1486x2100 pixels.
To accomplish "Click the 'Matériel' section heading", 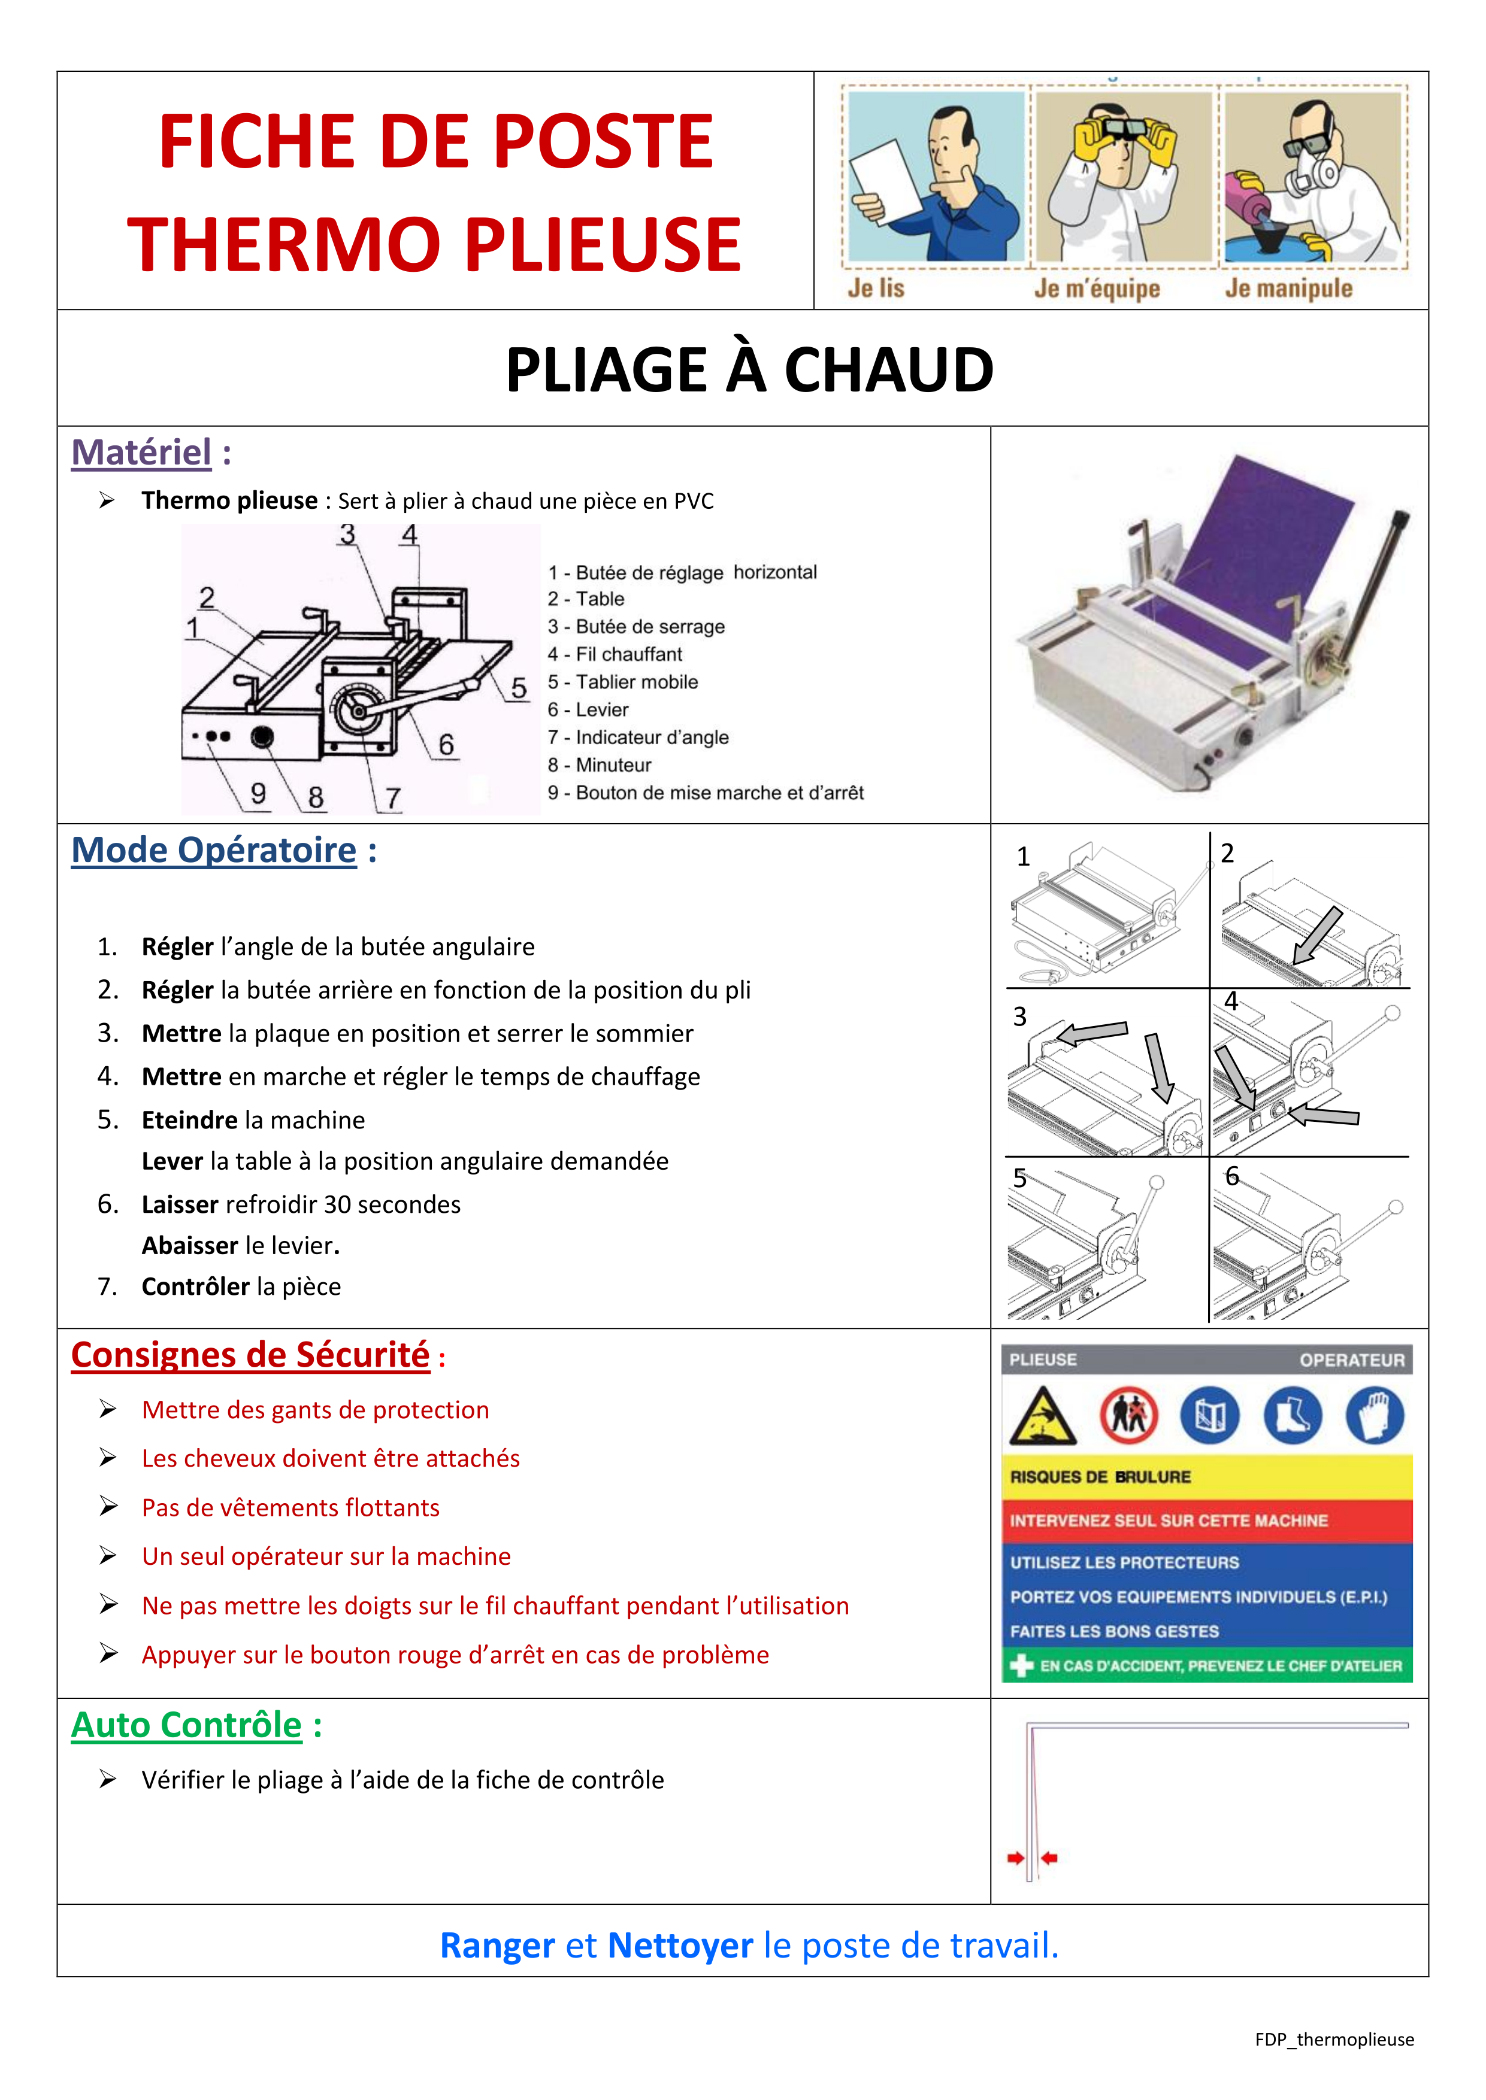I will tap(142, 453).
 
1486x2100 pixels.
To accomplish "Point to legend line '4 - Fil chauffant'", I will tap(615, 654).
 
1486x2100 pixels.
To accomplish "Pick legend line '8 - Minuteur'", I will tap(600, 764).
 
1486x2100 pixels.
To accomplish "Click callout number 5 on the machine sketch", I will tap(519, 688).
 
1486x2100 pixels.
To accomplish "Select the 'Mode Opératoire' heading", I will tap(214, 851).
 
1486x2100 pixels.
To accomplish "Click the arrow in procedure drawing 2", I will tap(1318, 934).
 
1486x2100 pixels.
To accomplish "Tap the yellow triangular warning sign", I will tap(1042, 1417).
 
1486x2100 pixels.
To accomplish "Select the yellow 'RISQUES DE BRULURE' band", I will tap(1206, 1477).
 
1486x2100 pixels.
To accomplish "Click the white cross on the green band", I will tap(1021, 1667).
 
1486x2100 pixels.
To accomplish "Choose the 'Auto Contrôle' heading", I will tap(187, 1726).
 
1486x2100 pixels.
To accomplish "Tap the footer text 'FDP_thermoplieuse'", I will tap(1334, 2040).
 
